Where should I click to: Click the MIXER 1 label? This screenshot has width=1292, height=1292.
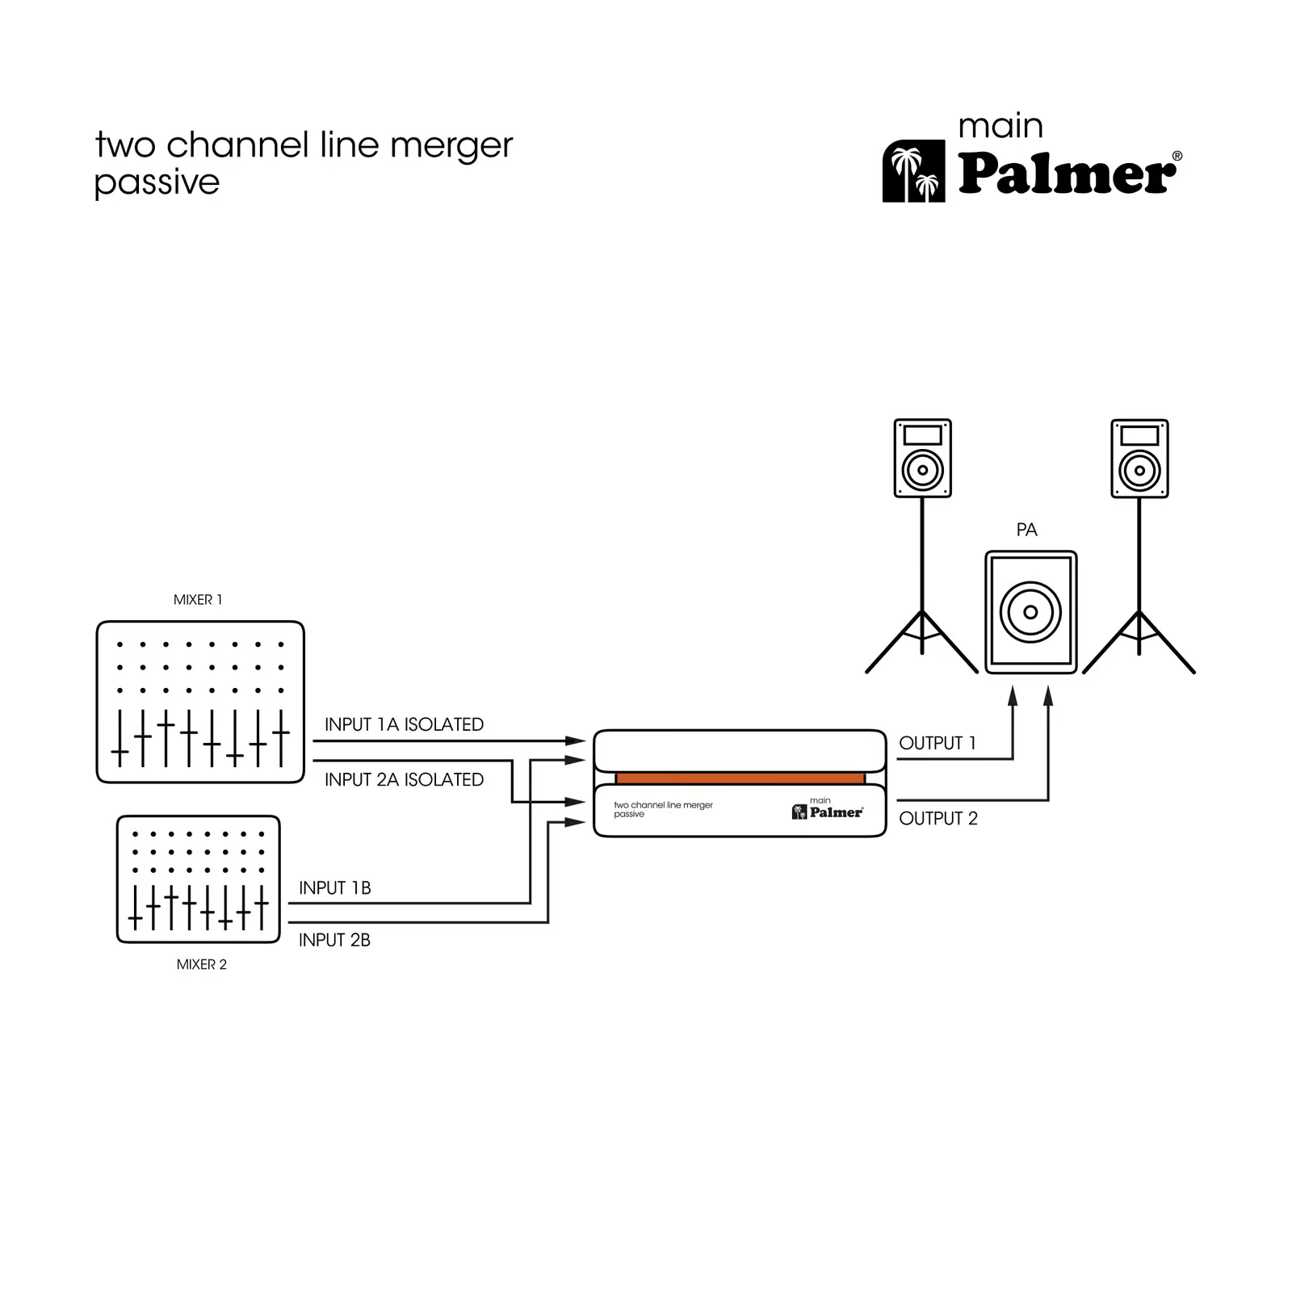pyautogui.click(x=198, y=600)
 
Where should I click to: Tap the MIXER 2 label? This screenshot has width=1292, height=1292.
pyautogui.click(x=202, y=964)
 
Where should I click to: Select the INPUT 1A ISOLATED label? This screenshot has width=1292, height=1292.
pyautogui.click(x=404, y=724)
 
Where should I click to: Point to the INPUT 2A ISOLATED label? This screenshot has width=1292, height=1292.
pyautogui.click(x=404, y=779)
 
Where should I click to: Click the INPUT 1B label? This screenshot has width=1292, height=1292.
pyautogui.click(x=334, y=887)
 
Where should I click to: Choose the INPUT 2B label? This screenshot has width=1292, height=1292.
pyautogui.click(x=334, y=940)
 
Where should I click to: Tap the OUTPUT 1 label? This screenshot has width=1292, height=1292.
pyautogui.click(x=937, y=743)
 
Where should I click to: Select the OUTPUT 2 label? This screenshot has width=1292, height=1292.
pyautogui.click(x=938, y=818)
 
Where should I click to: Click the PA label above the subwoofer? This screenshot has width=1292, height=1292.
pyautogui.click(x=1026, y=530)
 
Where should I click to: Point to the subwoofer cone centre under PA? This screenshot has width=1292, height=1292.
pyautogui.click(x=1030, y=612)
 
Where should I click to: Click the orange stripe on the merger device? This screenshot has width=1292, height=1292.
pyautogui.click(x=740, y=778)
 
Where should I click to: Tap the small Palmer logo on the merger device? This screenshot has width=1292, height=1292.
pyautogui.click(x=828, y=812)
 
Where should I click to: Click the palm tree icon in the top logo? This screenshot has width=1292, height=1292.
pyautogui.click(x=913, y=171)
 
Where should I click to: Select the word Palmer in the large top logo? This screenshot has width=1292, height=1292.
pyautogui.click(x=1067, y=173)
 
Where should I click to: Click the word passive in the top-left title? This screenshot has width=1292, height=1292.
pyautogui.click(x=157, y=183)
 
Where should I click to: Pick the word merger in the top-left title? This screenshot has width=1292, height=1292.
pyautogui.click(x=451, y=146)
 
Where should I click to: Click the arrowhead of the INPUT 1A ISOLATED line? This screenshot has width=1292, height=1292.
pyautogui.click(x=576, y=740)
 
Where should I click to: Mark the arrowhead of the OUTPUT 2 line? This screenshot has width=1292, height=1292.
pyautogui.click(x=1048, y=695)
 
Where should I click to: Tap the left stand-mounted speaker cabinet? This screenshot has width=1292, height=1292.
pyautogui.click(x=922, y=458)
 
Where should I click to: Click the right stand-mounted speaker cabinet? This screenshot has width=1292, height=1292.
pyautogui.click(x=1139, y=458)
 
